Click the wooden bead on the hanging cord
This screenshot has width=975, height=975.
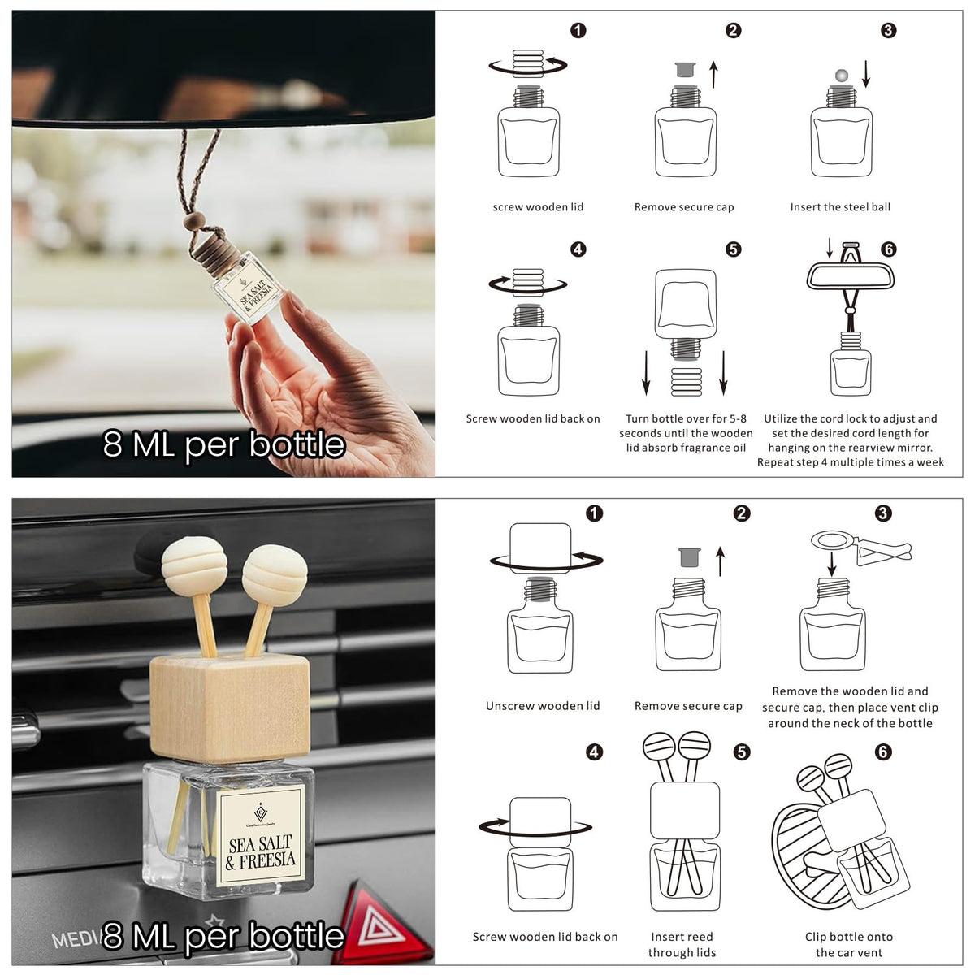point(194,221)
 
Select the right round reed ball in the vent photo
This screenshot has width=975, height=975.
point(275,575)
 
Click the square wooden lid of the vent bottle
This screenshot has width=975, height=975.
point(230,708)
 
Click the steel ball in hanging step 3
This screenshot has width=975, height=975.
point(842,76)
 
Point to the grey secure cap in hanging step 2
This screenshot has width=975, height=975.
point(686,69)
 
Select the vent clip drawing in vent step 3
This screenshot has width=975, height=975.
point(860,547)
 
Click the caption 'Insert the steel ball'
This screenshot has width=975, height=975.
point(840,207)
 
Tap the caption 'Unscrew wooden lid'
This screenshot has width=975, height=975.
point(543,706)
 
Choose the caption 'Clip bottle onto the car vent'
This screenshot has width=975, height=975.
point(849,945)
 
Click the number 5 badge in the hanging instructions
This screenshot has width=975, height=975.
point(733,249)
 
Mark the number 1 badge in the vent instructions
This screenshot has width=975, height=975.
point(595,513)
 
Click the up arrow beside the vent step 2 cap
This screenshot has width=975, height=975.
point(721,561)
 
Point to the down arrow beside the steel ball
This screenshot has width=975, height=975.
point(866,74)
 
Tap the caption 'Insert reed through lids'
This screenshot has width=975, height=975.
point(682,945)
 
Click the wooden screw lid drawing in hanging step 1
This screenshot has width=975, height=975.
point(528,63)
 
